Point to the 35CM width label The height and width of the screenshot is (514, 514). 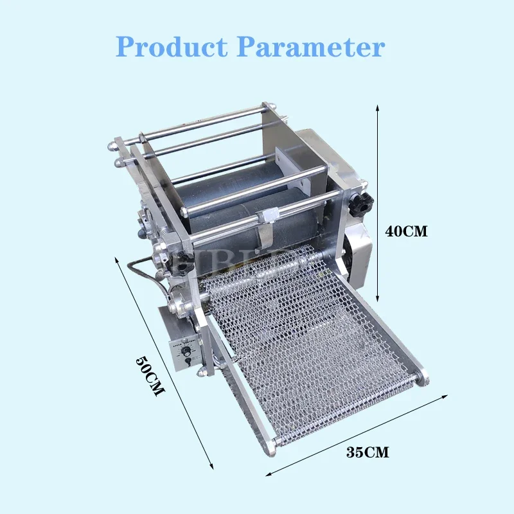(x=368, y=452)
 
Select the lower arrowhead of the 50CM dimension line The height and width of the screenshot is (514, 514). (x=211, y=464)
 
